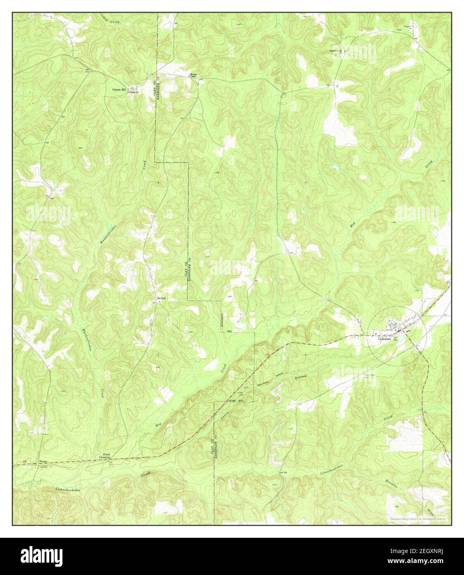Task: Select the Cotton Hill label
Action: click(x=120, y=89)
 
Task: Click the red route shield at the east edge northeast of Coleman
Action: click(x=448, y=282)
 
